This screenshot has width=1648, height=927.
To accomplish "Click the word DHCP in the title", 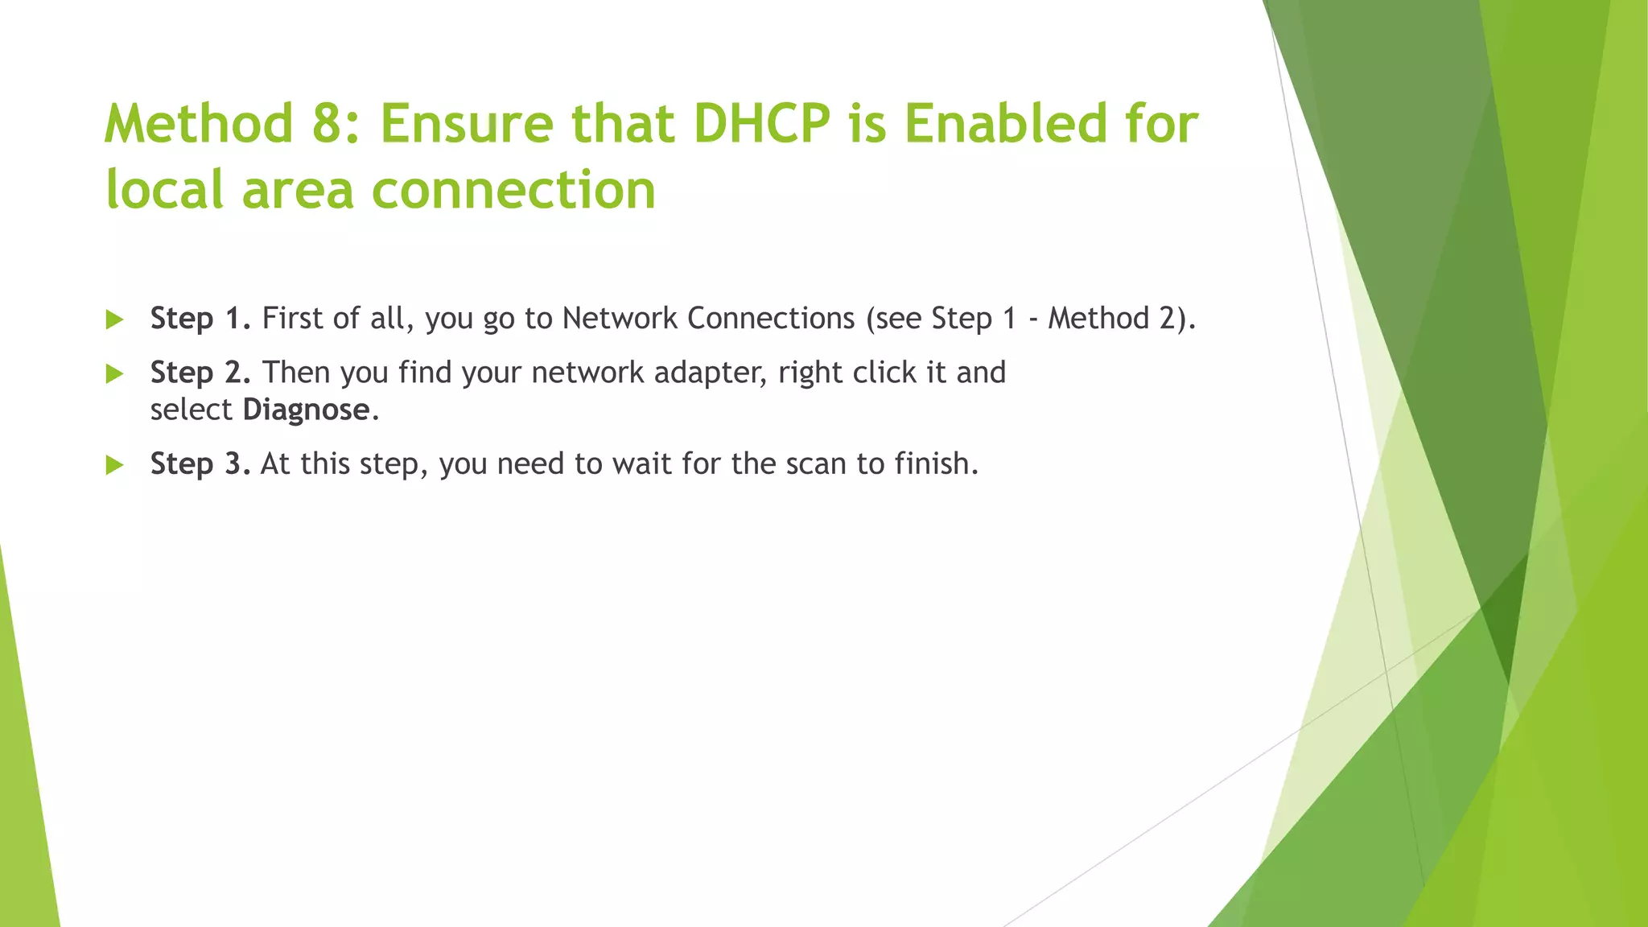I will click(761, 124).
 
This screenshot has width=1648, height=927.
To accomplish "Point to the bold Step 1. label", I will click(200, 319).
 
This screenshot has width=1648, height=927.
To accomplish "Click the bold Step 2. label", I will click(200, 373).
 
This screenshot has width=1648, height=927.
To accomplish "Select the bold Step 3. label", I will click(200, 463).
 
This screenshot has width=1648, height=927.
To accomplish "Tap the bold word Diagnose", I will click(306, 410).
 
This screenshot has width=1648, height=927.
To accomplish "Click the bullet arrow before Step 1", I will click(115, 319).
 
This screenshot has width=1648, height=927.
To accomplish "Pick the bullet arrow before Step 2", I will click(115, 373).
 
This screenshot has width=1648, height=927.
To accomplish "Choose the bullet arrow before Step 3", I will click(115, 464).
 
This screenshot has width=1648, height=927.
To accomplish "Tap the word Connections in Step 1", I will click(771, 319).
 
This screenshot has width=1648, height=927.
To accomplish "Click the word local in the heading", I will click(164, 190).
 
